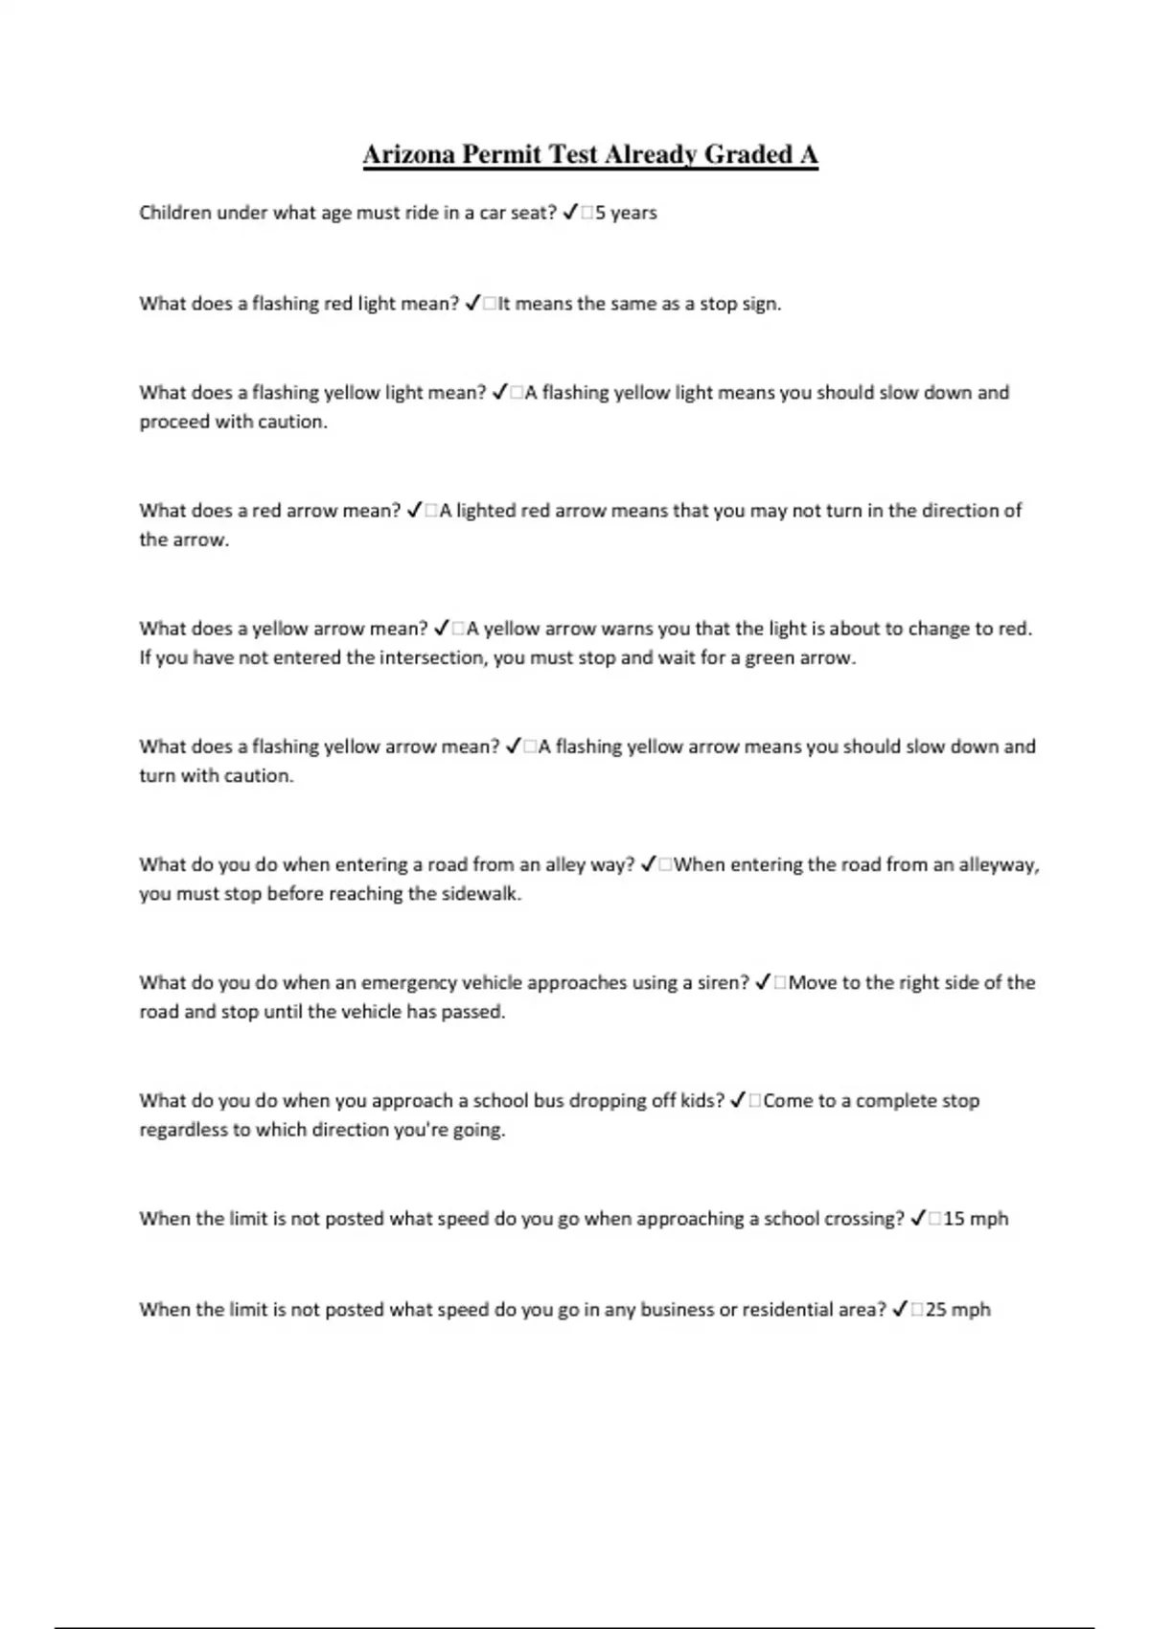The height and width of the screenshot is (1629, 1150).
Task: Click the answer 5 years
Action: (626, 213)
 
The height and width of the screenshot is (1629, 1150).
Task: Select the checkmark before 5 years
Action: (570, 213)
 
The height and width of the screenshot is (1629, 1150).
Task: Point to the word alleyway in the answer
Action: (999, 865)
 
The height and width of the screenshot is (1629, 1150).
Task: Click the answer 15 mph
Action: (976, 1219)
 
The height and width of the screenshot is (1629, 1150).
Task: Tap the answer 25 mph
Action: (958, 1310)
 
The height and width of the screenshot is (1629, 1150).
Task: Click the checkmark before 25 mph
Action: (900, 1310)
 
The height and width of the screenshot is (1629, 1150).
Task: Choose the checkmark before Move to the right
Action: (764, 983)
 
